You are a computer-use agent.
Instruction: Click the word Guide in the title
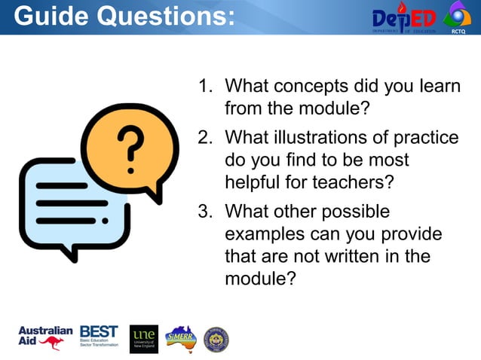point(48,16)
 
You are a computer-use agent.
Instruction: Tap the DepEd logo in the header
point(403,18)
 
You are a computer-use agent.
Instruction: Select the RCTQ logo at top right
point(457,17)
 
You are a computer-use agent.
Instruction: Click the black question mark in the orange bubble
point(131,147)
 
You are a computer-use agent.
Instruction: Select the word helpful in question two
point(252,182)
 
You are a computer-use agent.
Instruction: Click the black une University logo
point(143,339)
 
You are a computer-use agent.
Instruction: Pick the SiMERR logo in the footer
point(180,339)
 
